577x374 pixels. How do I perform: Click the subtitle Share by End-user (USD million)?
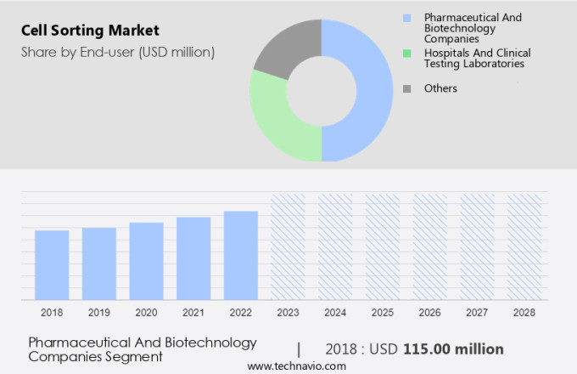click(118, 52)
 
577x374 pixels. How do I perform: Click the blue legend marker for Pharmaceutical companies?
click(407, 18)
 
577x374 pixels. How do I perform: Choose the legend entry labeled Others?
click(440, 88)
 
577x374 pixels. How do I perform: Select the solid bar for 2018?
click(52, 264)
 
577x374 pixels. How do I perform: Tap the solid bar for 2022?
click(241, 255)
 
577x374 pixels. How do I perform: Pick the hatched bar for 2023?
click(288, 246)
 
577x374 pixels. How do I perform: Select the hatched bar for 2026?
click(429, 246)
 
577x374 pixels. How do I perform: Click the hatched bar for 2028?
click(524, 246)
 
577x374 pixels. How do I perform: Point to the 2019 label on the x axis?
click(99, 312)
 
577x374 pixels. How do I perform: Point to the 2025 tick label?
click(382, 312)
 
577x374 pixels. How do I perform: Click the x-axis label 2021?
click(193, 312)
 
